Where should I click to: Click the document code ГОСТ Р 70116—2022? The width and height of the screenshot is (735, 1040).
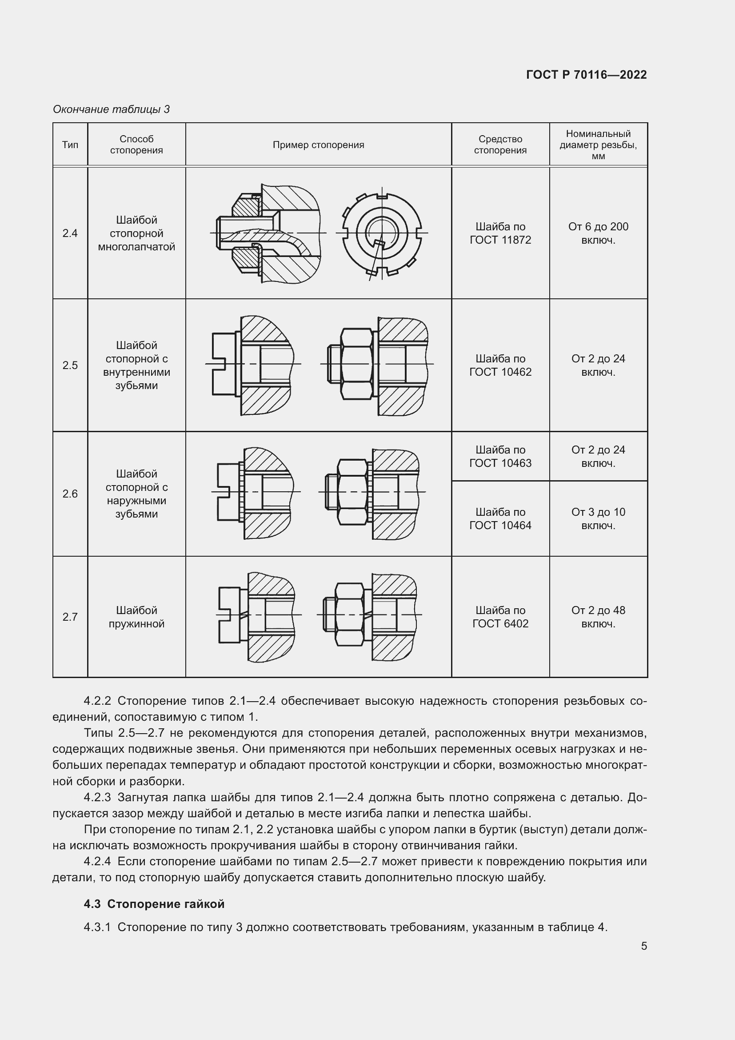pyautogui.click(x=586, y=75)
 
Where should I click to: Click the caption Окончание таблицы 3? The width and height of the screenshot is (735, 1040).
pyautogui.click(x=112, y=109)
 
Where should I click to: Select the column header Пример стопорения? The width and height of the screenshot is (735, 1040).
pyautogui.click(x=318, y=145)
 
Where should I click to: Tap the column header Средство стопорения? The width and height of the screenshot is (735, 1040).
pyautogui.click(x=500, y=145)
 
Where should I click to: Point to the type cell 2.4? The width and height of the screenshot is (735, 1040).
pyautogui.click(x=70, y=233)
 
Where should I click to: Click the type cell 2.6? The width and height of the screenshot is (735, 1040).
pyautogui.click(x=70, y=494)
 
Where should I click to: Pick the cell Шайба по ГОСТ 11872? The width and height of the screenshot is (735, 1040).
pyautogui.click(x=500, y=233)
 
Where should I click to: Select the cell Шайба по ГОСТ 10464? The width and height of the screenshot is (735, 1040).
pyautogui.click(x=500, y=518)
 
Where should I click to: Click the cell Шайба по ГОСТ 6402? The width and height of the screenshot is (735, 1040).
pyautogui.click(x=500, y=617)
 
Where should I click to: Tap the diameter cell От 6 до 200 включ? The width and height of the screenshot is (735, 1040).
pyautogui.click(x=598, y=233)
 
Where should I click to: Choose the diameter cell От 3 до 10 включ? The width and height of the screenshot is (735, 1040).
pyautogui.click(x=598, y=518)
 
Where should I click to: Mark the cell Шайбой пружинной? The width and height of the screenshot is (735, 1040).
pyautogui.click(x=136, y=617)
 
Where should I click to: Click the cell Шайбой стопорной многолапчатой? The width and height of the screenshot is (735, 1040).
pyautogui.click(x=136, y=233)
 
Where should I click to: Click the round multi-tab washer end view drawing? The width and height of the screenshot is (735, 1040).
pyautogui.click(x=382, y=234)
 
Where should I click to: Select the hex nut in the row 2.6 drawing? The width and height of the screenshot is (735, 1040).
pyautogui.click(x=352, y=492)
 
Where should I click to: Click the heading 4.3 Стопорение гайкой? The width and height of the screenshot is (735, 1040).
pyautogui.click(x=154, y=903)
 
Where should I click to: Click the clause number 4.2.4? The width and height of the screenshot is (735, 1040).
pyautogui.click(x=97, y=861)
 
